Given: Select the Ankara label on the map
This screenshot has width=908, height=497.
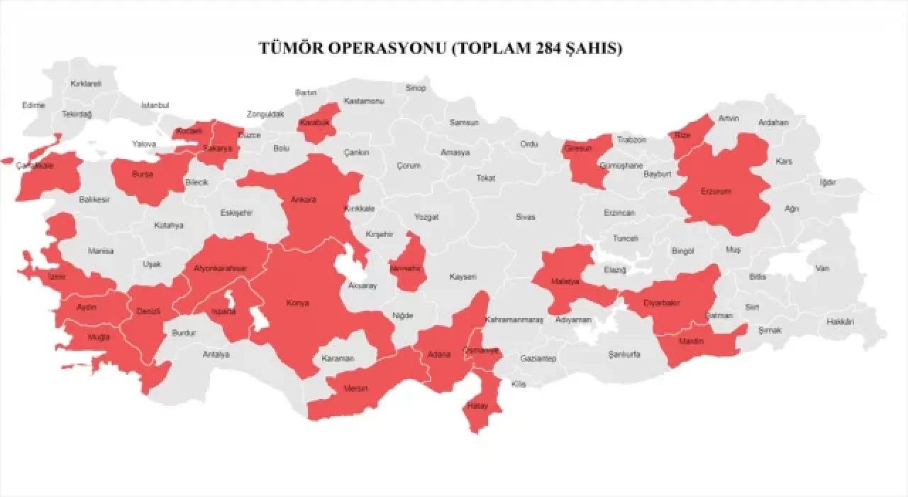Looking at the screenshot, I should (304, 200).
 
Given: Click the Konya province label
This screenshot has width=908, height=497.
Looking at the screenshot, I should (297, 303).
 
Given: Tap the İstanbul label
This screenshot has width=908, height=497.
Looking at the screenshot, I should (155, 105).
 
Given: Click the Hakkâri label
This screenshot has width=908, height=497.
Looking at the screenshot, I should (840, 322).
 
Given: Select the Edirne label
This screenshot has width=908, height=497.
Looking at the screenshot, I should (33, 105).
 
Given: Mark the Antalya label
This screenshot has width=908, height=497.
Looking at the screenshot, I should (216, 354).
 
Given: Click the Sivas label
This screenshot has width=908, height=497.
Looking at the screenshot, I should (526, 217).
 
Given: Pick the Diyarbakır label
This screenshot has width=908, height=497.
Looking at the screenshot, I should (662, 303).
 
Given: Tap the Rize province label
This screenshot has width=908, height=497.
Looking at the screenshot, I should (682, 134).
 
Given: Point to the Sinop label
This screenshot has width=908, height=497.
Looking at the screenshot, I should (416, 88).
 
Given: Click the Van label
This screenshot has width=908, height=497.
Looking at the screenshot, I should (822, 268).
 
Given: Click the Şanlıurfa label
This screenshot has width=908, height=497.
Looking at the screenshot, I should (625, 354).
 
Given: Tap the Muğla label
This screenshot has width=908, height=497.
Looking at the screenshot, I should (99, 337).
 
